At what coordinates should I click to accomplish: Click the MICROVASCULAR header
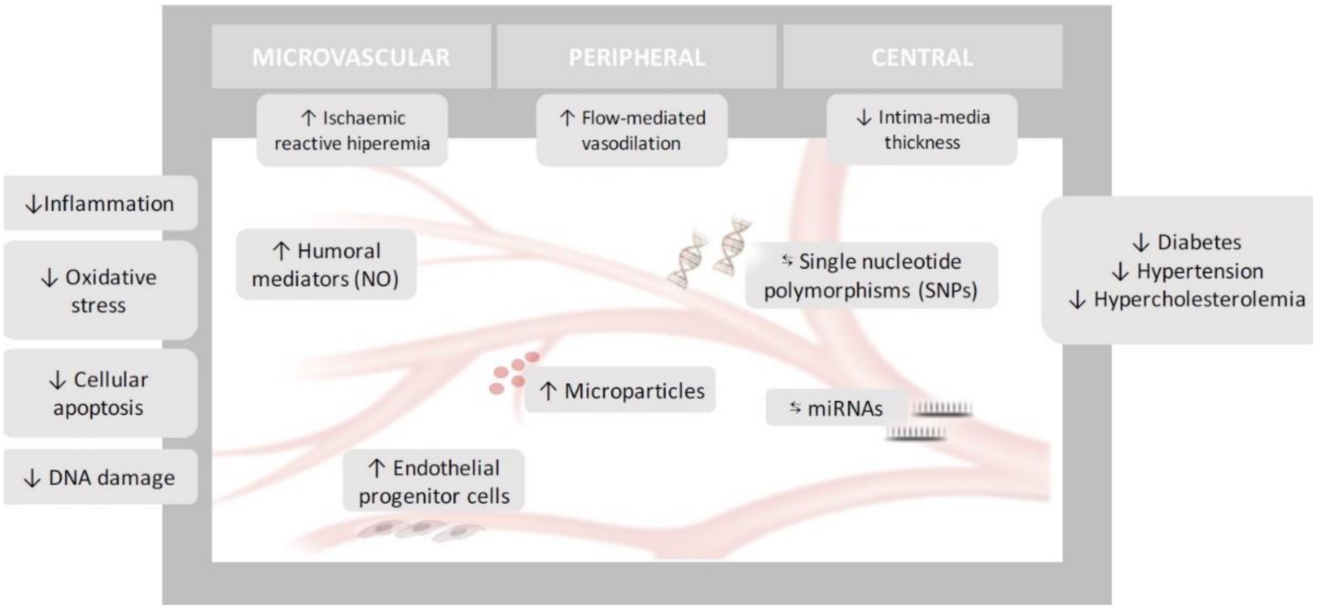pos(351,57)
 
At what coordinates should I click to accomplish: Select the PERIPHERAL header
pos(637,57)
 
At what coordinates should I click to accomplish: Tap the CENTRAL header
pos(922,57)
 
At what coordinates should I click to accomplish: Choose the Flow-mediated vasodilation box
pos(632,131)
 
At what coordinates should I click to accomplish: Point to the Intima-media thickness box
pos(922,129)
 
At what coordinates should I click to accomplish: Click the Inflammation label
pos(100,204)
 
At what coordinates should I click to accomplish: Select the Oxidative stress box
pos(100,291)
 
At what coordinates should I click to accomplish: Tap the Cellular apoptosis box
pos(100,393)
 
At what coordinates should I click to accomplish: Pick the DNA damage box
pos(100,478)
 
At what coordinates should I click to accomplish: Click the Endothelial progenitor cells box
pos(434,482)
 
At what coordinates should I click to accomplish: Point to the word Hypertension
pos(1200,271)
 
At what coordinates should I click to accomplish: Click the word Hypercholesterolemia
pos(1199,299)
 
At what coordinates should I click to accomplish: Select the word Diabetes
pos(1199,242)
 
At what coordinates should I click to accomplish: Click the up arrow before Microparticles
pos(548,391)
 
